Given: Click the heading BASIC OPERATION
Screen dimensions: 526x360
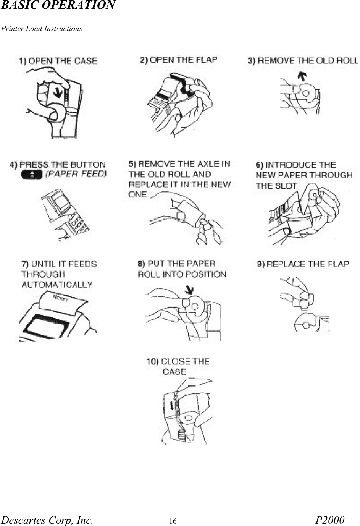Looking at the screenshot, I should [x=58, y=5].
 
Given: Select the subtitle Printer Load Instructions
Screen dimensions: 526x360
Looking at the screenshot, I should [x=42, y=29].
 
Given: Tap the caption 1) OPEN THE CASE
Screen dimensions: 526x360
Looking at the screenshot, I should [x=58, y=61].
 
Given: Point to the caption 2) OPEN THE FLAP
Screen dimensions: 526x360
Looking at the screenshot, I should [x=179, y=60].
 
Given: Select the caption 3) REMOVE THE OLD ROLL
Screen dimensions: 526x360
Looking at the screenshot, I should [x=303, y=60].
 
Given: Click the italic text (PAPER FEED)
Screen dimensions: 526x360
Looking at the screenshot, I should [x=76, y=174].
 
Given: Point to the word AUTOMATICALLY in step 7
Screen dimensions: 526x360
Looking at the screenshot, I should [x=57, y=285].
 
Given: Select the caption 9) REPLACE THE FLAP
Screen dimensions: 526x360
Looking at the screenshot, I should [x=303, y=264].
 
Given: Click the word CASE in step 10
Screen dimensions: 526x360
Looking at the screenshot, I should [x=174, y=372].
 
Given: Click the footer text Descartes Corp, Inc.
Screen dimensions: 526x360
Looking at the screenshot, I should [x=47, y=520].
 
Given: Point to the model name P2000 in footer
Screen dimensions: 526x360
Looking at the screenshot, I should [x=330, y=520].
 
